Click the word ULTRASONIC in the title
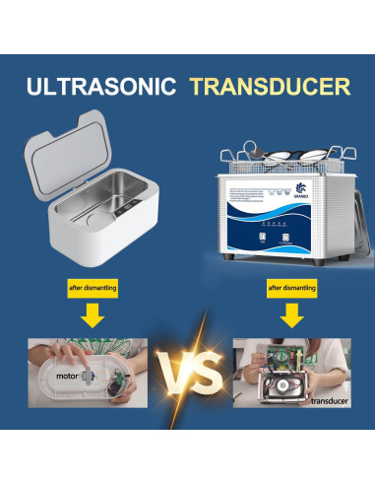pyautogui.click(x=99, y=86)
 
